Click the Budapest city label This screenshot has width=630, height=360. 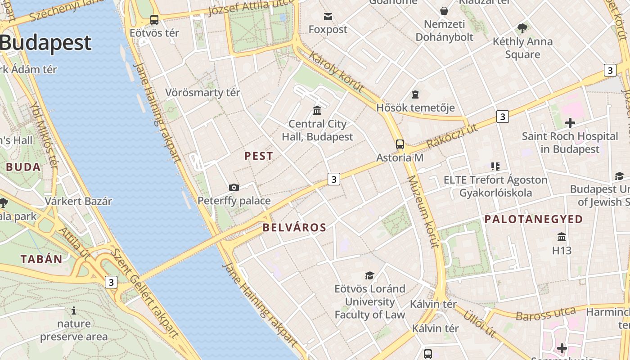45,43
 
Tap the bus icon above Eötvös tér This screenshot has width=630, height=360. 154,19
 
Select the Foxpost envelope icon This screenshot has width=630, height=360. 328,17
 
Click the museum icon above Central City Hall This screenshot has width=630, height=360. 317,110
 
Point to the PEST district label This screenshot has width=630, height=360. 259,156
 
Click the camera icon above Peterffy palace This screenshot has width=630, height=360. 234,187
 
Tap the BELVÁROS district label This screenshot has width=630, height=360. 294,228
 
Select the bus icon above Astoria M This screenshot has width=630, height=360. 400,144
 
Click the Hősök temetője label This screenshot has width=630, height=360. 415,108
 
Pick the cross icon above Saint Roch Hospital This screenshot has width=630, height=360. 570,122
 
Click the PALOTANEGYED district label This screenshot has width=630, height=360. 534,219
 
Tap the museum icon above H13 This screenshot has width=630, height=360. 562,237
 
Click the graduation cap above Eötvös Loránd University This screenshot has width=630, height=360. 369,275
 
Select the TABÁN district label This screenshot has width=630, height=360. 41,259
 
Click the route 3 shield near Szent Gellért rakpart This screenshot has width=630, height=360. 111,282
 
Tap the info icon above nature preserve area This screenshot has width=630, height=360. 74,310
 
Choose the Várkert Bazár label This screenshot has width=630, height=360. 78,201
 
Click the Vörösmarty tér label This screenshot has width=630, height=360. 202,93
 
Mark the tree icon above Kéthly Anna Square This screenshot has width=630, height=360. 522,28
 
